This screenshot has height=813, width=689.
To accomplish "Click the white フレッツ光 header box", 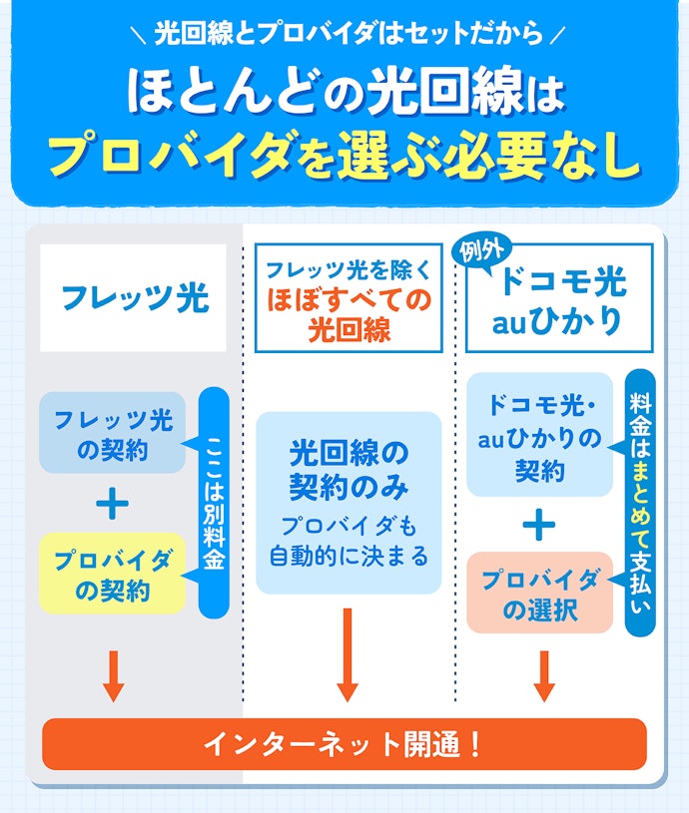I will pyautogui.click(x=133, y=298).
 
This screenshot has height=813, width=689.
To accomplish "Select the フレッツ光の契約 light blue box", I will pyautogui.click(x=113, y=433).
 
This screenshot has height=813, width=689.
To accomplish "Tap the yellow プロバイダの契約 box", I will pyautogui.click(x=113, y=574).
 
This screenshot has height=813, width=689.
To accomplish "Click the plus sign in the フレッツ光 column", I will pyautogui.click(x=112, y=504).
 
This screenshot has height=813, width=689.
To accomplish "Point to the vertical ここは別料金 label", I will pyautogui.click(x=214, y=503).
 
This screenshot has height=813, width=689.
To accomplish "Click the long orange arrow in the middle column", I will pyautogui.click(x=347, y=653).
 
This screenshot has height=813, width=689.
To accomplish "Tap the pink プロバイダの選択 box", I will pyautogui.click(x=540, y=593).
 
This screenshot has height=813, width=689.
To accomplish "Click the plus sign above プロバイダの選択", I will pyautogui.click(x=539, y=524).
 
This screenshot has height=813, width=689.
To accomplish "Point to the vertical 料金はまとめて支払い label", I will pyautogui.click(x=640, y=503).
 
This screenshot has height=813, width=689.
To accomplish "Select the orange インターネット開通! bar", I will pyautogui.click(x=344, y=743).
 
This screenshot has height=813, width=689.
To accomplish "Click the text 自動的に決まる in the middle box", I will pyautogui.click(x=348, y=556).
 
